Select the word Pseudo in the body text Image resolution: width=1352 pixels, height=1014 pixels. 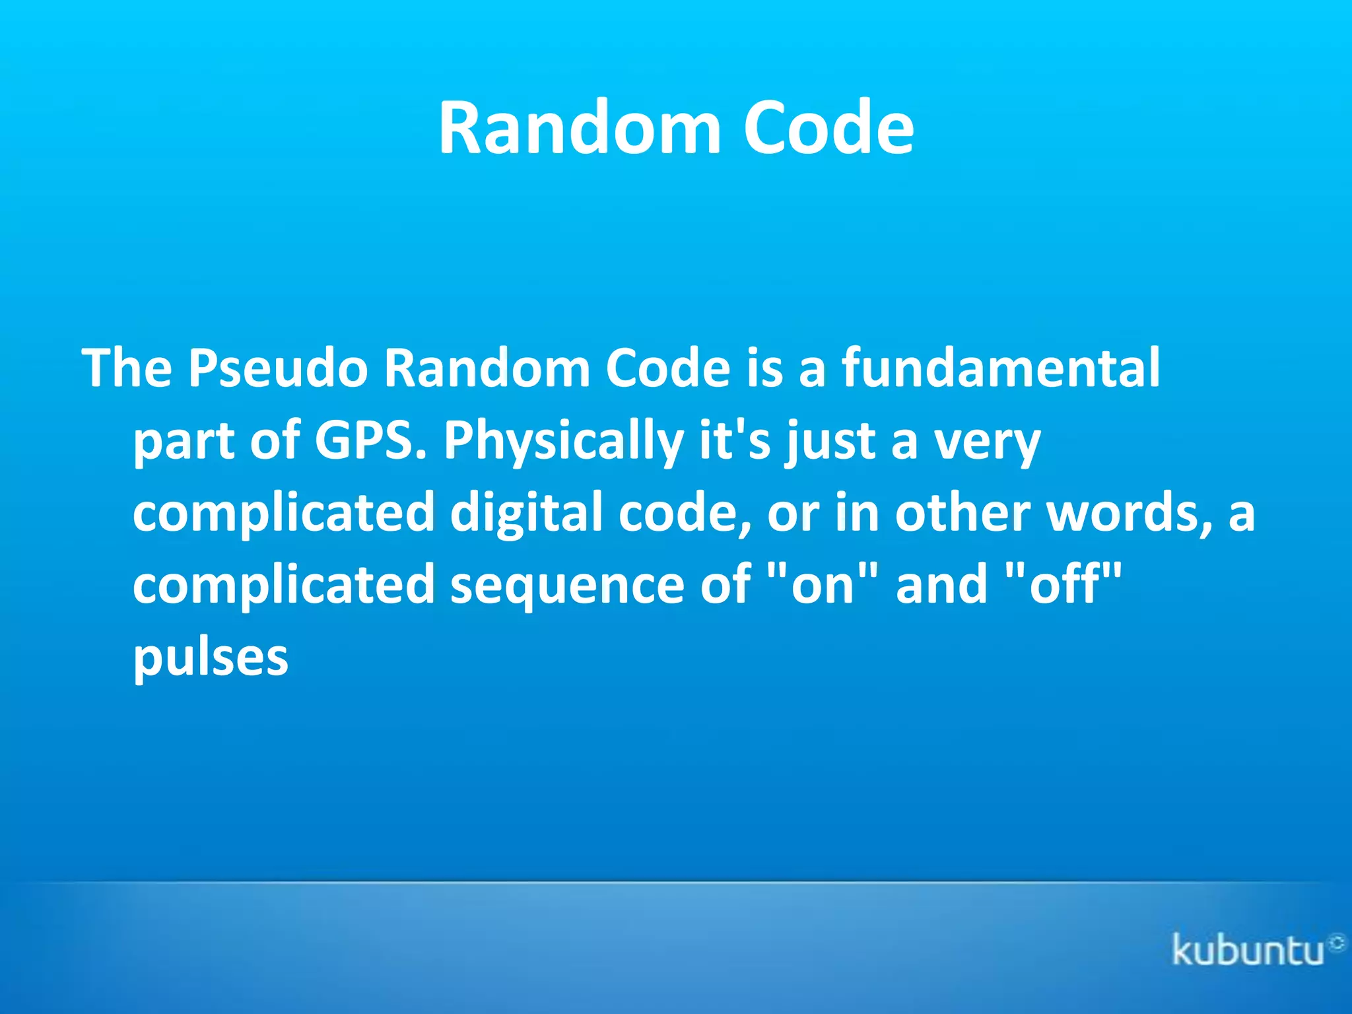tap(278, 368)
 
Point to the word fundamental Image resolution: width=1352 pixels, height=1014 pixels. tap(1000, 368)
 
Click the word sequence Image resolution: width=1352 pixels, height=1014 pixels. tap(567, 585)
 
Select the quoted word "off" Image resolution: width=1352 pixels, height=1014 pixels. tap(1063, 585)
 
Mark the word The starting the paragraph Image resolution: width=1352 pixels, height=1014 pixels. tap(127, 368)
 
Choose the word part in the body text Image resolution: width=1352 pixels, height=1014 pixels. tap(184, 440)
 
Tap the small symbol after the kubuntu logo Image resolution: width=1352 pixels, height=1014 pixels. tap(1337, 943)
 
